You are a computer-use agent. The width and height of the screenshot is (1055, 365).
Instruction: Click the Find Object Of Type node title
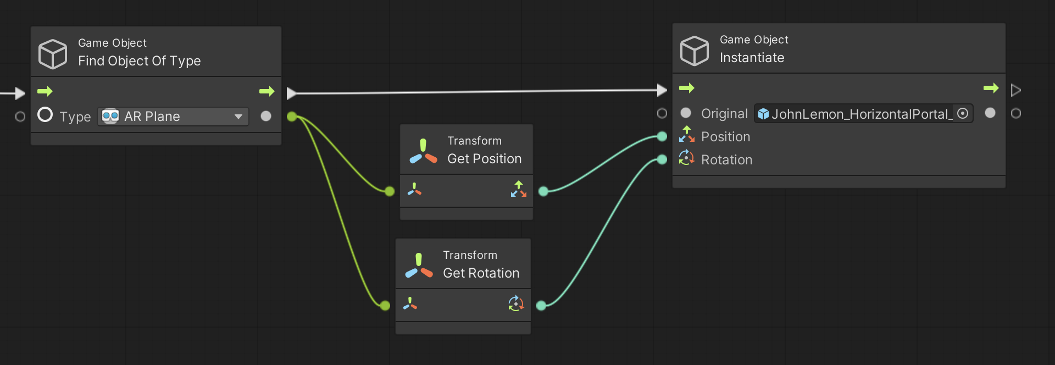pos(139,61)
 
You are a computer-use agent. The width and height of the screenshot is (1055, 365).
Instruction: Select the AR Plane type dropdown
pos(173,117)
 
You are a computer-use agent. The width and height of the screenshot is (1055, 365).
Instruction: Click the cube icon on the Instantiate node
pos(695,51)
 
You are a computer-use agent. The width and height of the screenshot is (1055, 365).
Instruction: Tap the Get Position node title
pos(484,159)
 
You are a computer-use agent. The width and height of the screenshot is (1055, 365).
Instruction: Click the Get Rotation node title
pos(481,273)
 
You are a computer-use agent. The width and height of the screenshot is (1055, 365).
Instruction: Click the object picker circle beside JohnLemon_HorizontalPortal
pos(963,113)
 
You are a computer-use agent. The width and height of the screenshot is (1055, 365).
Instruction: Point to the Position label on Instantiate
pos(725,137)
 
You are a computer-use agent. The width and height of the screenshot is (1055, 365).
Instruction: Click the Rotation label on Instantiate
pos(726,160)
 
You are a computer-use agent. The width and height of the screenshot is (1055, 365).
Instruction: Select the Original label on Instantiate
pos(724,114)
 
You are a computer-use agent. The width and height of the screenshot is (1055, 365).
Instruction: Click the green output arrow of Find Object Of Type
pos(267,91)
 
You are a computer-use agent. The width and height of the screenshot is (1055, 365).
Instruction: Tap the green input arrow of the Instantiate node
pos(687,88)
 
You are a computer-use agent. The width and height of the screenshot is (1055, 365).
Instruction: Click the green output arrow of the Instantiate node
pos(991,88)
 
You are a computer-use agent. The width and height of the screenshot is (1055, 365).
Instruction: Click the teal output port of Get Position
pos(543,191)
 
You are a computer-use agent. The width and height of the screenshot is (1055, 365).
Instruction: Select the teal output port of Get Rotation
pos(541,306)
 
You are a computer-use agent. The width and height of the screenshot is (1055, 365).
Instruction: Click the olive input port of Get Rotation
pos(385,306)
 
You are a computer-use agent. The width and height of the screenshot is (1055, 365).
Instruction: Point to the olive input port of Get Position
pos(390,191)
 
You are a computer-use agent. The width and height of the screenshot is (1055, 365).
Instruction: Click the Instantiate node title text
pos(752,58)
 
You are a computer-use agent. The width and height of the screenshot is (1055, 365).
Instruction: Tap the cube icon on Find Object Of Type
pos(53,54)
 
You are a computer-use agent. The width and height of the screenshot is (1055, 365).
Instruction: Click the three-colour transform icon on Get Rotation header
pos(419,266)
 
